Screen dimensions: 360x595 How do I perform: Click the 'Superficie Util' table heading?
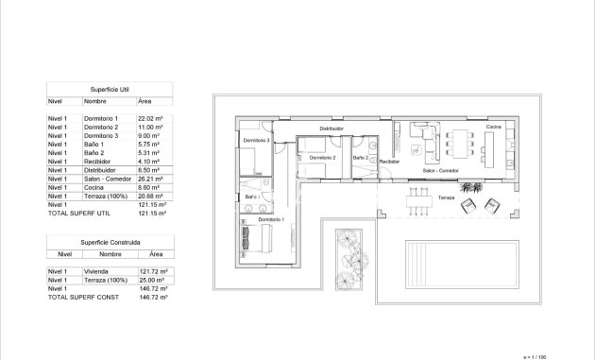(109, 88)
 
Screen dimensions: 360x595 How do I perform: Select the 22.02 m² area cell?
(151, 117)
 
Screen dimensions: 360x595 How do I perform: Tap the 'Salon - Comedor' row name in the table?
(106, 178)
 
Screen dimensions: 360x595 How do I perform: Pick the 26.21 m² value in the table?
(151, 178)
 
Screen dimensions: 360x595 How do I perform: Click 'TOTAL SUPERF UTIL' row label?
(78, 213)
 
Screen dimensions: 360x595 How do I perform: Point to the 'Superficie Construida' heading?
(109, 242)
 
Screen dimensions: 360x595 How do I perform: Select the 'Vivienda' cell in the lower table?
(96, 271)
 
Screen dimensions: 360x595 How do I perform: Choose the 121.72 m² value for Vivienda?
(152, 271)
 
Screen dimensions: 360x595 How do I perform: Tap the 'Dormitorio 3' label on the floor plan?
(256, 140)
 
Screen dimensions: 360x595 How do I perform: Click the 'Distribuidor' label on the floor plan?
(331, 128)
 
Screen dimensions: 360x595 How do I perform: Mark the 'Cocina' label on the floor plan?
(493, 127)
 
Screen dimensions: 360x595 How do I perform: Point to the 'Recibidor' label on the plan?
(389, 162)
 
